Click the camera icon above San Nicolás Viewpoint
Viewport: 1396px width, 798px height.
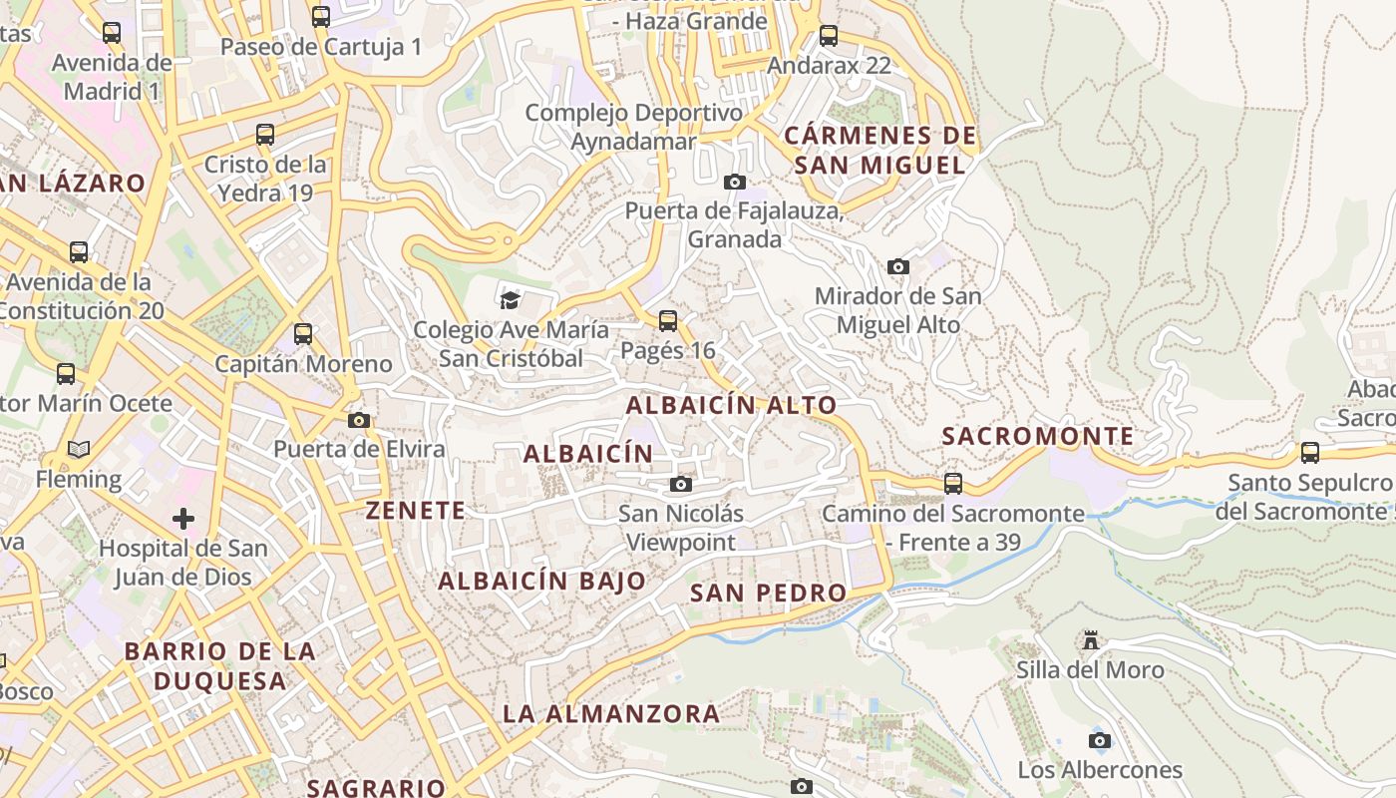tap(681, 485)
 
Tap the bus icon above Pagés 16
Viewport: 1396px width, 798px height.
tap(668, 321)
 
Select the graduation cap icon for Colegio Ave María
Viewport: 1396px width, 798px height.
tap(511, 299)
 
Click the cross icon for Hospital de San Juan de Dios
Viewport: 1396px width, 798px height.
tap(183, 519)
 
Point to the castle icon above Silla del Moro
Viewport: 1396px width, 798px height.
tap(1091, 639)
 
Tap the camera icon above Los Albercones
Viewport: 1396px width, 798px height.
tap(1100, 740)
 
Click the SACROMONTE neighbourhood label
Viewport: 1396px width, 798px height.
tap(1038, 437)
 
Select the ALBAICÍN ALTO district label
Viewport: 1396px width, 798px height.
tap(731, 405)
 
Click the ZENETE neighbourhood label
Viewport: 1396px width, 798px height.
tap(416, 511)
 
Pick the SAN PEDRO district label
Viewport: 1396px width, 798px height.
tap(769, 593)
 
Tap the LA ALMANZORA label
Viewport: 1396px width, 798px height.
tap(611, 713)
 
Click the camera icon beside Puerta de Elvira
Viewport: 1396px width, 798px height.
tap(359, 421)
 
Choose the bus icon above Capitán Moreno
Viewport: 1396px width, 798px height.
tap(303, 334)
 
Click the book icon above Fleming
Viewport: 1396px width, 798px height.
tap(79, 450)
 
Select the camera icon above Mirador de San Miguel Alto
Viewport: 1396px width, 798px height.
tap(898, 267)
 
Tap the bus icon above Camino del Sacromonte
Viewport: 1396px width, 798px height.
tap(953, 484)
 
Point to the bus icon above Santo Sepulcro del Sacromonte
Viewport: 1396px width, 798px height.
tap(1310, 453)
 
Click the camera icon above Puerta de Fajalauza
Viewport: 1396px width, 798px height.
tap(735, 182)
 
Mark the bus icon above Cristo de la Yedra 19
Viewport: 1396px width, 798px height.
tap(265, 135)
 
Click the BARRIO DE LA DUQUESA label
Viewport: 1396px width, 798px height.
tap(219, 666)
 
